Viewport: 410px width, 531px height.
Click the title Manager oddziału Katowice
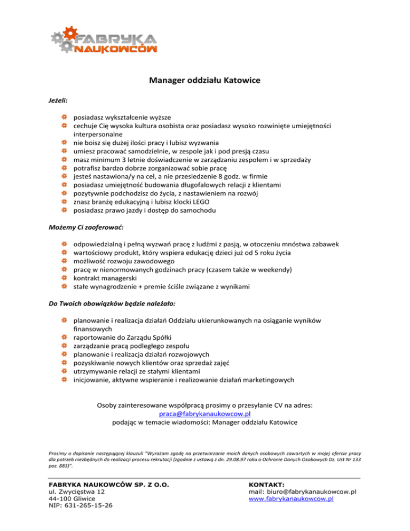[204, 82]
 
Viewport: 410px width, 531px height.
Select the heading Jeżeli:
[56, 100]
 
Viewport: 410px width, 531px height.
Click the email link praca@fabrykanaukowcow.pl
[205, 413]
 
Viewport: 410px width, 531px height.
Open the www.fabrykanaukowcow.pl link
[288, 498]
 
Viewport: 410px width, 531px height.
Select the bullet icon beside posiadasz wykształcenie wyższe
[64, 118]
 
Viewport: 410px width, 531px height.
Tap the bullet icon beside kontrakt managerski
[64, 279]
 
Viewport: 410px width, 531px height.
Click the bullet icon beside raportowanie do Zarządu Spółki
[64, 338]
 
